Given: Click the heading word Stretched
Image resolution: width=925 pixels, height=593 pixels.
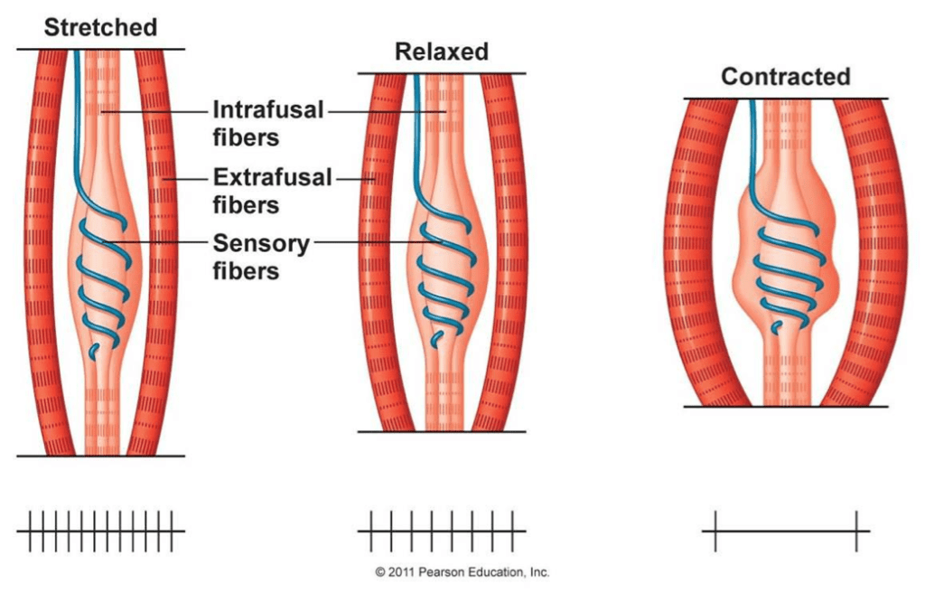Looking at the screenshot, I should coord(100,26).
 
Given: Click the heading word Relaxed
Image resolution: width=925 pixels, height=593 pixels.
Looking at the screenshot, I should coord(441,52).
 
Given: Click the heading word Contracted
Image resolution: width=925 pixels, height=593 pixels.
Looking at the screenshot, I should coord(785,77).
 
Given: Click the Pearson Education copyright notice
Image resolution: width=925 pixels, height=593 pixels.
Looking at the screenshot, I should coord(462,572).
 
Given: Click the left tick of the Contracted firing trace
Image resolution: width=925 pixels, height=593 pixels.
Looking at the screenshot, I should coord(715,531).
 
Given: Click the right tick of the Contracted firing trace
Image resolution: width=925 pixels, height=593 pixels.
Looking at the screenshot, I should coord(856,531).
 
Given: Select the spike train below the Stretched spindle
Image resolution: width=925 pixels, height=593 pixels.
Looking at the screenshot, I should coord(101,531).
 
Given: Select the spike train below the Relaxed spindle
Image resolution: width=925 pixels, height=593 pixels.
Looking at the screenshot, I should coord(441,531).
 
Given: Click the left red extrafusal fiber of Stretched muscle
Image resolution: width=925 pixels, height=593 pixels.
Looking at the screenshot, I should coord(42,253).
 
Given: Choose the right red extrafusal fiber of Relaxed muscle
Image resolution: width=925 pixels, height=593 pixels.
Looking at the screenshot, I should coord(502,253).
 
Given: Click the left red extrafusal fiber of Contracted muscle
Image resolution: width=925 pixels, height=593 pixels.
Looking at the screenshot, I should coord(697,253).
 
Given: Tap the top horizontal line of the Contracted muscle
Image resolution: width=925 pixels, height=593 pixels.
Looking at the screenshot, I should coord(785,99).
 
